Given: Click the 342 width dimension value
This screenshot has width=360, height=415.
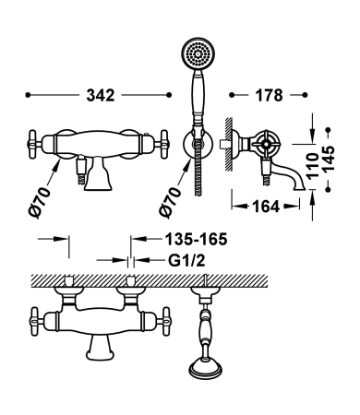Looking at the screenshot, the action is (x=101, y=95).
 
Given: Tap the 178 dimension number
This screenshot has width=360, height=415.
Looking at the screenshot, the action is (x=269, y=95).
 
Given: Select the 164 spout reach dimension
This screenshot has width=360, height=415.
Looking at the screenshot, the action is (x=266, y=207).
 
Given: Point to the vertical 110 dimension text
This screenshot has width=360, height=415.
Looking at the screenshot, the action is (x=312, y=166).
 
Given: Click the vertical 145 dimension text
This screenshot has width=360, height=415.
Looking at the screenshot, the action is (x=328, y=159).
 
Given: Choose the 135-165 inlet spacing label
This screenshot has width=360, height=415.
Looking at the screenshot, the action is (x=197, y=239).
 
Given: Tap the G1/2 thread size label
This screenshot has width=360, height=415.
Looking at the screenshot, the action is (x=186, y=261).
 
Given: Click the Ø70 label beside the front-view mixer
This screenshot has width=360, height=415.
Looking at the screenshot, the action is (x=39, y=202).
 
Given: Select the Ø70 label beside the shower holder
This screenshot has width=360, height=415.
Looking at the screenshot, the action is (x=170, y=202).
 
